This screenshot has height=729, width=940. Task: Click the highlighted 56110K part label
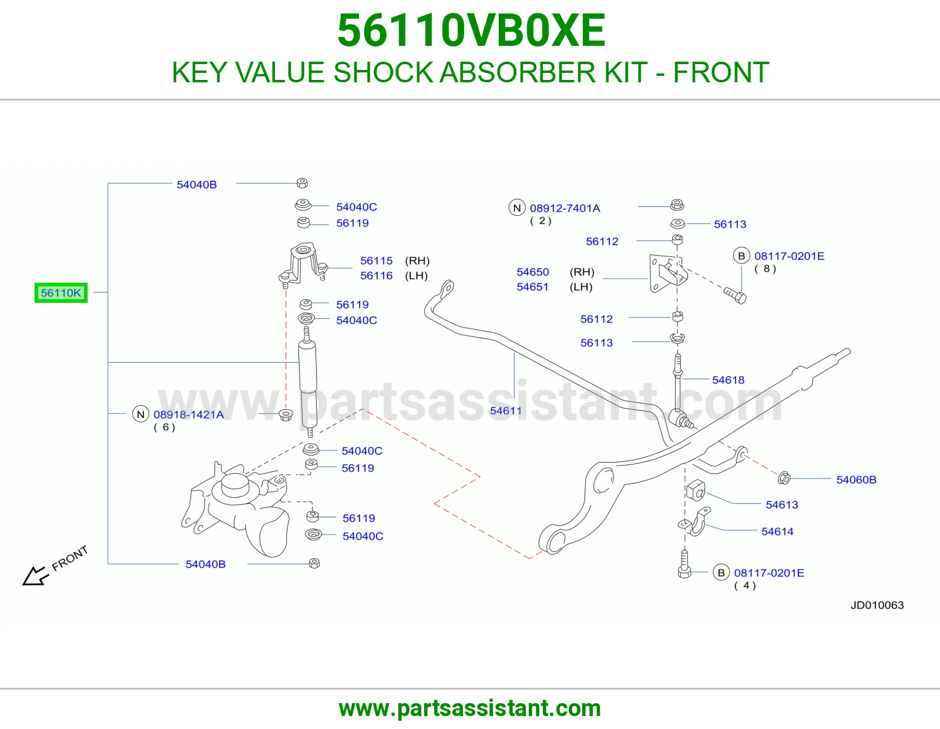[x=61, y=293]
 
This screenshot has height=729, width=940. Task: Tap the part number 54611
[x=506, y=411]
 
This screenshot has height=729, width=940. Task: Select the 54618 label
[x=728, y=380]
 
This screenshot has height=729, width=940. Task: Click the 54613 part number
[x=782, y=505]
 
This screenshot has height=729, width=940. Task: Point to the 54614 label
[x=777, y=531]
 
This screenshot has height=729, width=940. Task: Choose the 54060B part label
[x=856, y=480]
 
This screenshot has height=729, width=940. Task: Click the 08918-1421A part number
[x=189, y=414]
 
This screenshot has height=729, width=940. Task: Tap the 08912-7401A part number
[x=565, y=208]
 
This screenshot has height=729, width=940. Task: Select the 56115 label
[x=377, y=260]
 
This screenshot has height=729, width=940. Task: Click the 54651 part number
[x=532, y=286]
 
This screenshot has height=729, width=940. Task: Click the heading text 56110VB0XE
[x=471, y=31]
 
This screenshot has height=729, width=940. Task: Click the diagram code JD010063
[x=877, y=605]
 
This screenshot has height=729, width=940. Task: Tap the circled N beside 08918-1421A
[x=140, y=414]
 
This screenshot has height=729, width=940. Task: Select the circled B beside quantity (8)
[x=741, y=256]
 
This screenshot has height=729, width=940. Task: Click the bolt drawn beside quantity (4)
[x=684, y=564]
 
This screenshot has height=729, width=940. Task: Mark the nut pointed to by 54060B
[x=784, y=479]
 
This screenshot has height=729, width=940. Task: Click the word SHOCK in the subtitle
[x=383, y=72]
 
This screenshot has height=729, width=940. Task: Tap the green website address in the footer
[x=470, y=708]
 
